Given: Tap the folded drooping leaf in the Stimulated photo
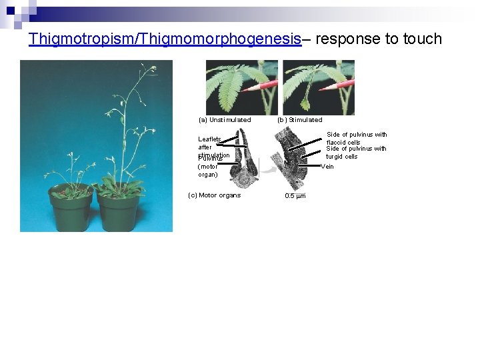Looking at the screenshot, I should point(305,104).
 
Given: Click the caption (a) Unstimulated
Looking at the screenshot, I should point(225,120).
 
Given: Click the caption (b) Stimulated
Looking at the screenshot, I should point(299,120).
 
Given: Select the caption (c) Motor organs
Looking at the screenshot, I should point(215,195).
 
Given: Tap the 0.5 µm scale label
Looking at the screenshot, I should point(295,196).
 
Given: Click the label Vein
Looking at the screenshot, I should point(327,167).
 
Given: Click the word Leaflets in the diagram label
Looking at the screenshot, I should point(209,139).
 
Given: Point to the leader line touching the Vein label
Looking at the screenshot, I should point(313,167).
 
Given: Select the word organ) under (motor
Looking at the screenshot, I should point(208,175).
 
